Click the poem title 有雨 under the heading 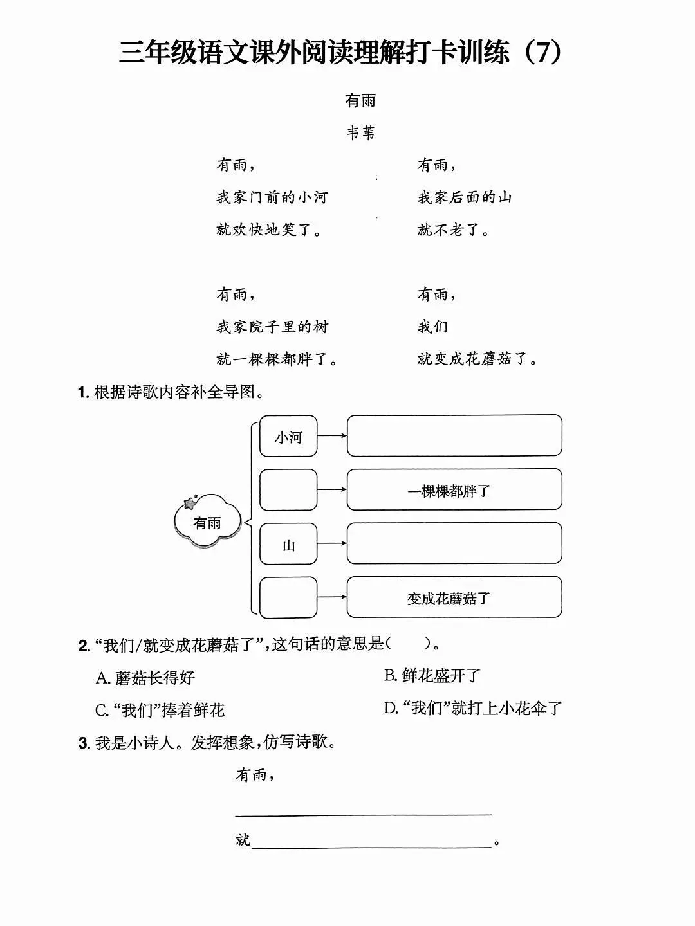click(360, 101)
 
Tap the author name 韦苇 click(360, 133)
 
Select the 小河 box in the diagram click(288, 437)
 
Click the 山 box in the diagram click(288, 545)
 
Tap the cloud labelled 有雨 click(207, 522)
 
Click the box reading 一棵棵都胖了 click(454, 491)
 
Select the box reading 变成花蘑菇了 click(454, 598)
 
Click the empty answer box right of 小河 click(454, 436)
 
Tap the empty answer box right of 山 click(454, 543)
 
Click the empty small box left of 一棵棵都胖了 click(288, 490)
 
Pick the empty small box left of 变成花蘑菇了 click(288, 597)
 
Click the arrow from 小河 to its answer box click(332, 436)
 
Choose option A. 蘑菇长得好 click(145, 678)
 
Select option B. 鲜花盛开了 click(432, 676)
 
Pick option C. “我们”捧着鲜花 click(160, 710)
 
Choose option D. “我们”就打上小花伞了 click(473, 709)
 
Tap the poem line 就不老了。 click(453, 230)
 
